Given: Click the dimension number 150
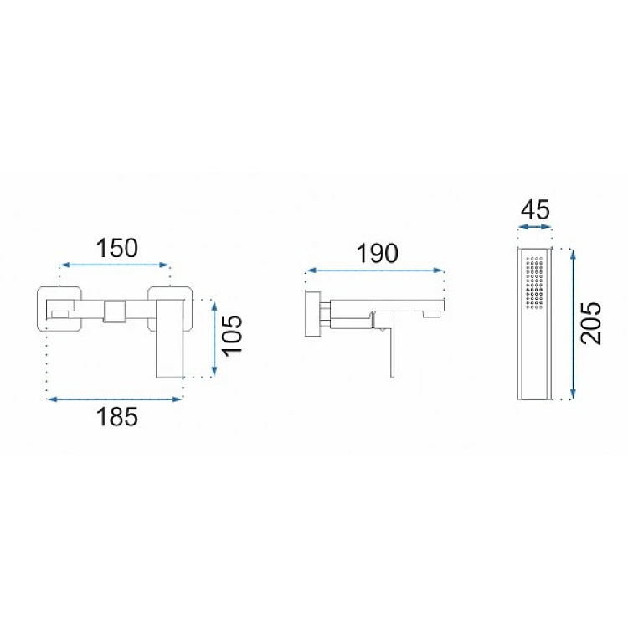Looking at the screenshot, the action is [116, 248].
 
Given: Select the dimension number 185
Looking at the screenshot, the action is [117, 416].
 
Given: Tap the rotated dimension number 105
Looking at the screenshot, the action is [232, 335].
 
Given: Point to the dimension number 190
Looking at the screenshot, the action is [378, 253].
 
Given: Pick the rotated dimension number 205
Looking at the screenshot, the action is [591, 323].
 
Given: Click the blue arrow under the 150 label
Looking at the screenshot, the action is [115, 265].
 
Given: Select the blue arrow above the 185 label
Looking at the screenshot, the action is [115, 399].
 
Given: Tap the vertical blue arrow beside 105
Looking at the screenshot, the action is [214, 339].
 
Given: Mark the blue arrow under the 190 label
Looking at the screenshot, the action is [375, 270].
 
